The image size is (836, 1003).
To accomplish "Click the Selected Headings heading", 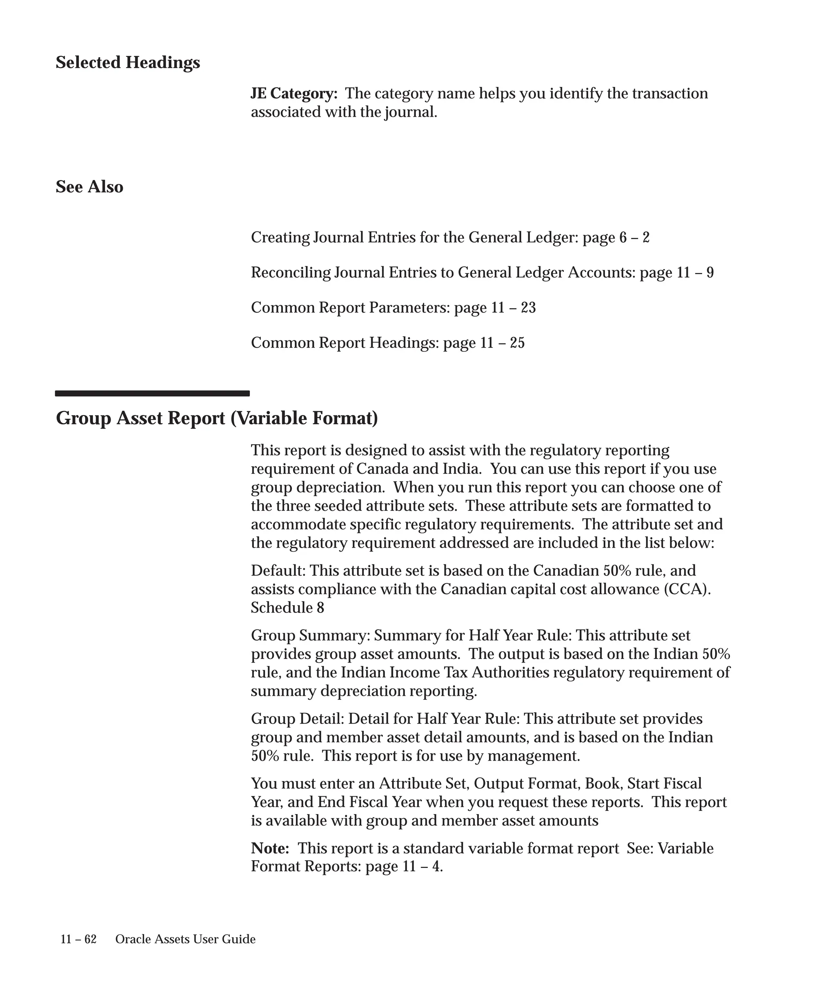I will click(x=127, y=62).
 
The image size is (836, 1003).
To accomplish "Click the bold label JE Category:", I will click(x=294, y=93).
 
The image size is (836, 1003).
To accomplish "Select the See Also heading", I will click(x=89, y=187).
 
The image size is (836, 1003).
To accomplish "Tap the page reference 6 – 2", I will click(x=634, y=237).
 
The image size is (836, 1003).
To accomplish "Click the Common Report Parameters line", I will click(x=393, y=308).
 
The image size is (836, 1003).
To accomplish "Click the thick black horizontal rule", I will click(x=152, y=393).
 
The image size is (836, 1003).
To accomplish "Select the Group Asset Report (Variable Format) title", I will click(x=217, y=418).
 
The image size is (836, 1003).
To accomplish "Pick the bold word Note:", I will click(x=270, y=848).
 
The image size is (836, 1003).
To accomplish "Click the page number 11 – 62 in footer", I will click(x=78, y=939).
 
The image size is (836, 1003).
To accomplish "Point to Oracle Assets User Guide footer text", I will click(x=185, y=939).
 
